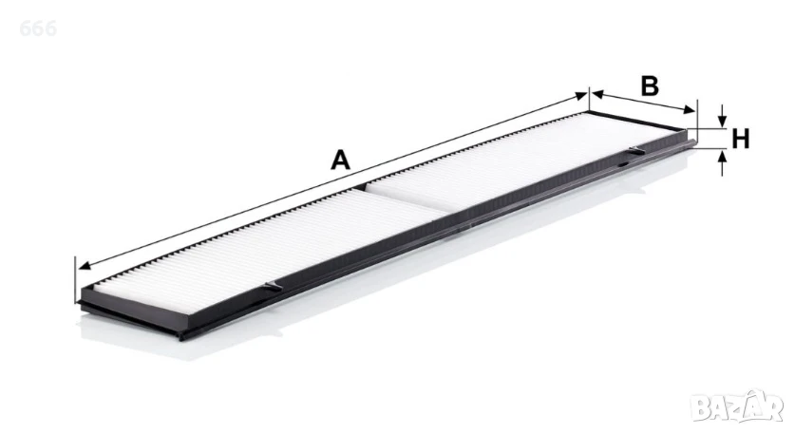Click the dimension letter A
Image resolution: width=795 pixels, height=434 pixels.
[340, 160]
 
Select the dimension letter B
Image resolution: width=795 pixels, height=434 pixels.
[650, 85]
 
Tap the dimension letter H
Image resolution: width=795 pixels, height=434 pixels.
[740, 139]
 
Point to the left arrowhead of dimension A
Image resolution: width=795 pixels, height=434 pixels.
[85, 266]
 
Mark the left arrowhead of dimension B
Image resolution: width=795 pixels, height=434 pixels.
[597, 94]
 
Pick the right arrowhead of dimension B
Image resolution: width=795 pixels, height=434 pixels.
[690, 109]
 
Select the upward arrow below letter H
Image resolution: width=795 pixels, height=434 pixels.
[723, 162]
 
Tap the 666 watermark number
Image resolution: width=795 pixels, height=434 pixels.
[38, 28]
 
